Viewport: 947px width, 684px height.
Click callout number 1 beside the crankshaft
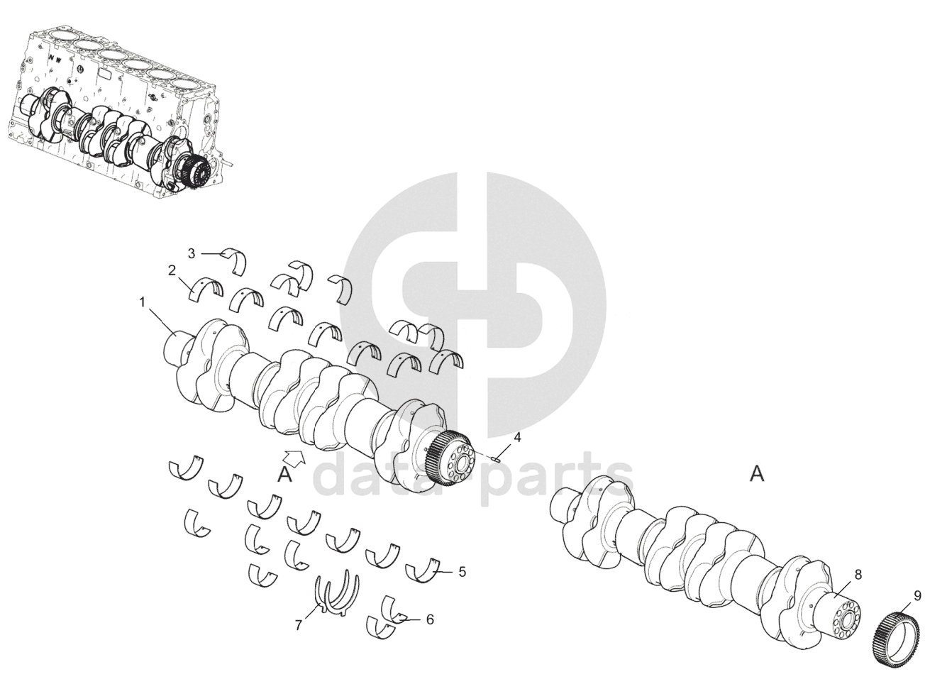(x=142, y=302)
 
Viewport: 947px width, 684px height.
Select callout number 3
(x=192, y=254)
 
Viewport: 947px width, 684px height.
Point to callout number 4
(x=517, y=437)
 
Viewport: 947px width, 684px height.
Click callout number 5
(x=463, y=572)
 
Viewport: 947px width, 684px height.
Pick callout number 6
(x=430, y=619)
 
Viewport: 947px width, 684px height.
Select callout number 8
(x=858, y=575)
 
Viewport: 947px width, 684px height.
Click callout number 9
(x=917, y=596)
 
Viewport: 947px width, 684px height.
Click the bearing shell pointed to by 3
(x=234, y=261)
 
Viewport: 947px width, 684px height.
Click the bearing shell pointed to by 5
(x=423, y=571)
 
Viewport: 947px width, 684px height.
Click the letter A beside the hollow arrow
(x=284, y=475)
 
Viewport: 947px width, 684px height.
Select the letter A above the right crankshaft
(x=757, y=475)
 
